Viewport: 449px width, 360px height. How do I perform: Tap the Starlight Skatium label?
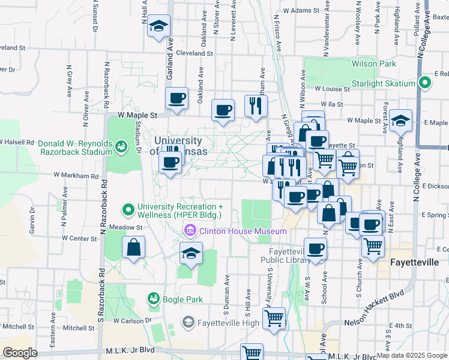tap(384, 83)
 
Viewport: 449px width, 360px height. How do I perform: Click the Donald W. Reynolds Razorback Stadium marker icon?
tap(122, 145)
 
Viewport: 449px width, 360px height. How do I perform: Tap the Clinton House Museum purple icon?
tap(190, 230)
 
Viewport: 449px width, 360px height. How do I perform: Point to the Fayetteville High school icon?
tap(188, 323)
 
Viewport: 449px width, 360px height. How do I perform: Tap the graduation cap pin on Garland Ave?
tap(159, 26)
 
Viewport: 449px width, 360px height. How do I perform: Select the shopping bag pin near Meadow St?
tap(133, 247)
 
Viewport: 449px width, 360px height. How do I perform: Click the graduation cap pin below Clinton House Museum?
tap(191, 254)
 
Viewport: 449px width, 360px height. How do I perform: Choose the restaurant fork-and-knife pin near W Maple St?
tap(256, 106)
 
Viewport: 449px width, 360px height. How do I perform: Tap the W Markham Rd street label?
tap(76, 176)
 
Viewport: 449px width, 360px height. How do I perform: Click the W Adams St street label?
tap(301, 11)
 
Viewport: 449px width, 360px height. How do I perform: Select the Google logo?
tap(19, 353)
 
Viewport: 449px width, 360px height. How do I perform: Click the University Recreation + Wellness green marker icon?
tap(128, 210)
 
